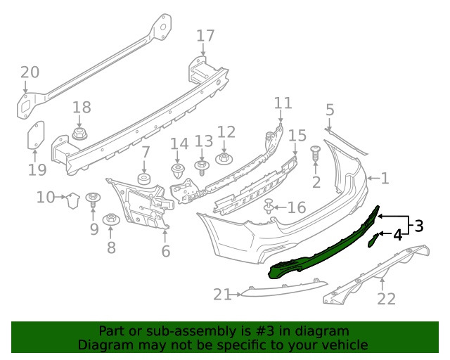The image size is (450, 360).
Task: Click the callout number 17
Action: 205,36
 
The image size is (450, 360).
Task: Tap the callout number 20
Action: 30,72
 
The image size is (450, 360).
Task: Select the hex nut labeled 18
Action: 79,134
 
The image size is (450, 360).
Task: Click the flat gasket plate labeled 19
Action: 36,135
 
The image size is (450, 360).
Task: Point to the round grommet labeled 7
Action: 144,179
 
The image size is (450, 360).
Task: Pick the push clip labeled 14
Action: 178,171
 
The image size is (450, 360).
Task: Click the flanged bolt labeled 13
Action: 202,167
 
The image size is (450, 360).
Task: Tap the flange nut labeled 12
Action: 224,158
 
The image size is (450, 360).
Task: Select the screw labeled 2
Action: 315,154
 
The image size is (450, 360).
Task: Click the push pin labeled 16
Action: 269,206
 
